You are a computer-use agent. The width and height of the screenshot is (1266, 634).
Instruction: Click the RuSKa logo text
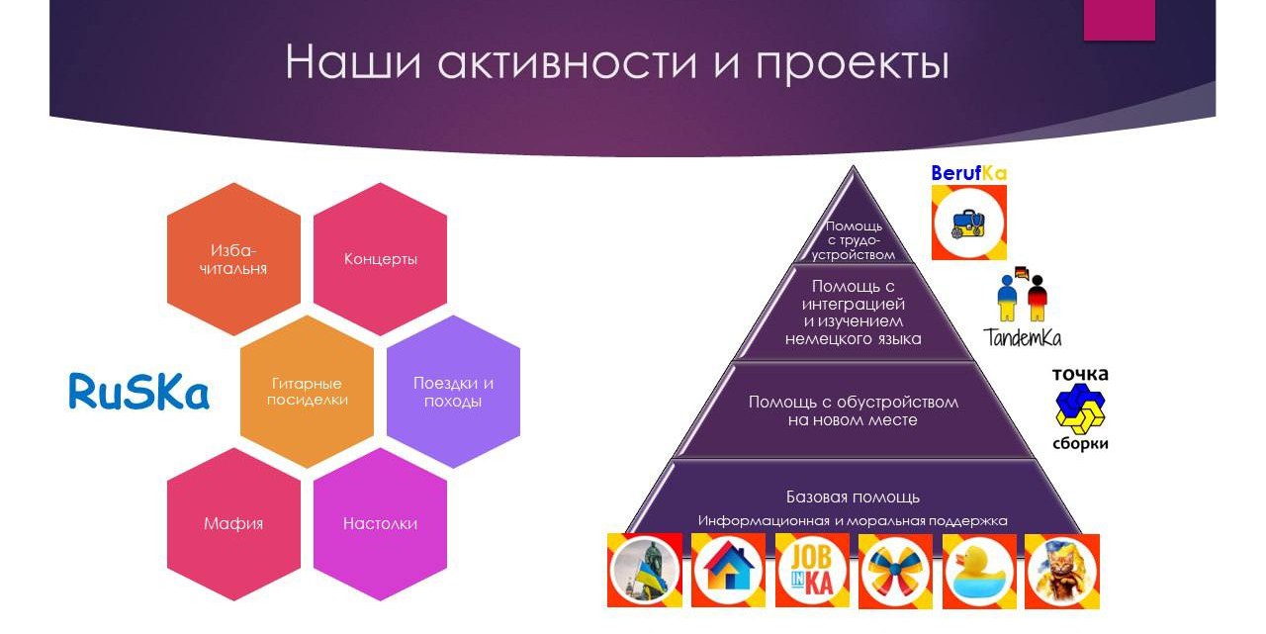point(139,391)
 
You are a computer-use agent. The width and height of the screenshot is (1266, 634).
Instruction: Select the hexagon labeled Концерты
point(381,259)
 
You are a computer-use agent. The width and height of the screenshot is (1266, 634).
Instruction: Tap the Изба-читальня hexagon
point(233,259)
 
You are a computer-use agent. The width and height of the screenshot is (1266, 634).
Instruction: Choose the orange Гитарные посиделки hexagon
point(307,392)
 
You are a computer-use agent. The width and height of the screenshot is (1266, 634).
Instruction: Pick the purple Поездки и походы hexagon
point(453,392)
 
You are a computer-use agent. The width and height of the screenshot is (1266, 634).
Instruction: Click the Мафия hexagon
point(233,524)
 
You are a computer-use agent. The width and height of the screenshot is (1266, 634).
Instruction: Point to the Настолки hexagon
point(381,524)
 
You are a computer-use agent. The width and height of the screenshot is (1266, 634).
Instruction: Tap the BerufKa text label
point(968,173)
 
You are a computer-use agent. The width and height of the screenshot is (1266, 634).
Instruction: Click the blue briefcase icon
point(968,224)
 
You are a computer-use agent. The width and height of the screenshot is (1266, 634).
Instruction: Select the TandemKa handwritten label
point(1022,337)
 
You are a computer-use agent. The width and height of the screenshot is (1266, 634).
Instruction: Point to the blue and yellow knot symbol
point(1080,408)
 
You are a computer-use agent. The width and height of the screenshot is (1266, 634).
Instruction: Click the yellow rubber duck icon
point(979,571)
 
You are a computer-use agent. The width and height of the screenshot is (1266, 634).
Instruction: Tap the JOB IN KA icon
point(812,571)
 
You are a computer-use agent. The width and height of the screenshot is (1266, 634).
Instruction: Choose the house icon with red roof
point(728,570)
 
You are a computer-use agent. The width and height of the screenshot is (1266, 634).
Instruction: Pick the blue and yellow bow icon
point(895,571)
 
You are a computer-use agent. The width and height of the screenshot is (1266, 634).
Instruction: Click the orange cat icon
point(1062,571)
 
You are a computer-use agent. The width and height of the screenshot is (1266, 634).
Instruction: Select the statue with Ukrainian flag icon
point(645,570)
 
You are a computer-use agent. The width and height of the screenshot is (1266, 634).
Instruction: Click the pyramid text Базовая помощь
point(853,498)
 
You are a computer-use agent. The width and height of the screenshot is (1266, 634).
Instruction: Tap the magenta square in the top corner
point(1119,20)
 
